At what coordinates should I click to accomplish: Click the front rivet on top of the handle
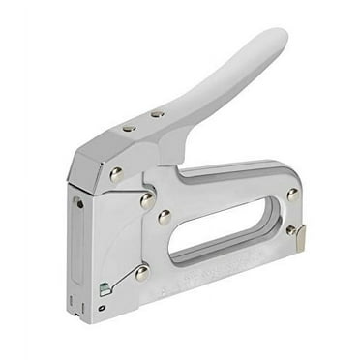pyautogui.click(x=128, y=127)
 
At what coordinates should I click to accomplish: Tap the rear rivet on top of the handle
pyautogui.click(x=157, y=114)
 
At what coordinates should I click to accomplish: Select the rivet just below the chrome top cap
pyautogui.click(x=116, y=175)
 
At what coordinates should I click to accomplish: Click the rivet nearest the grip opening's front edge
pyautogui.click(x=165, y=218)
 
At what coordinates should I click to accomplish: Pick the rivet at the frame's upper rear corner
pyautogui.click(x=291, y=195)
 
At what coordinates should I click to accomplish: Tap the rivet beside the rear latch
pyautogui.click(x=290, y=229)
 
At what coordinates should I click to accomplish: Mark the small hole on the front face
pyautogui.click(x=79, y=204)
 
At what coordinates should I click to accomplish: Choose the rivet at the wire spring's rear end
pyautogui.click(x=142, y=273)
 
